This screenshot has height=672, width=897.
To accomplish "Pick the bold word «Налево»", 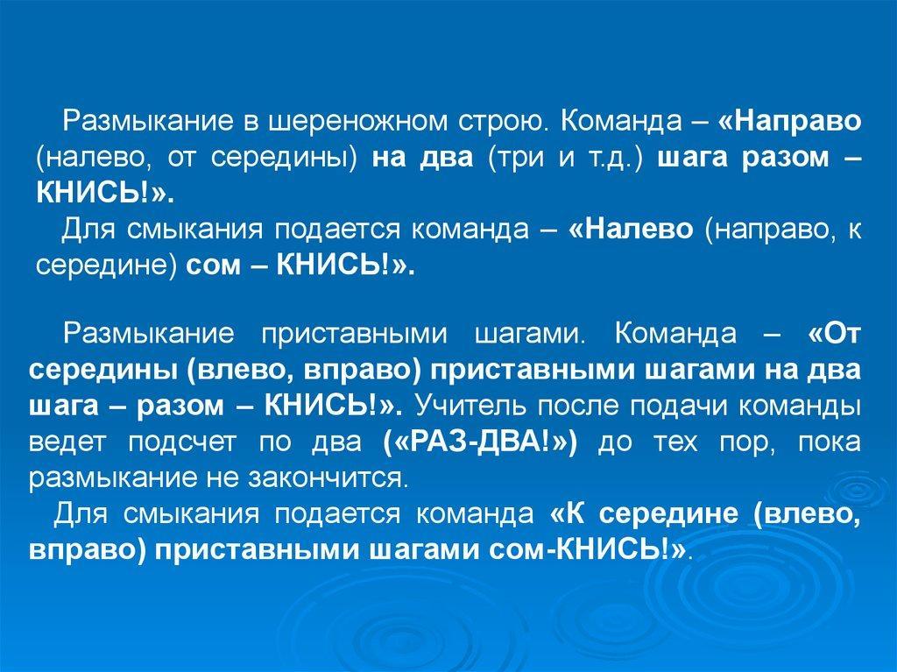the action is point(632,229).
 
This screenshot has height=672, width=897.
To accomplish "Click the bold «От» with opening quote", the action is point(835,334).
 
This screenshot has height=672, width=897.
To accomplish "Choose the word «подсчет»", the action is point(181,443).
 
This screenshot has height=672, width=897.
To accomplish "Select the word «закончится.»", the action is point(328,478).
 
